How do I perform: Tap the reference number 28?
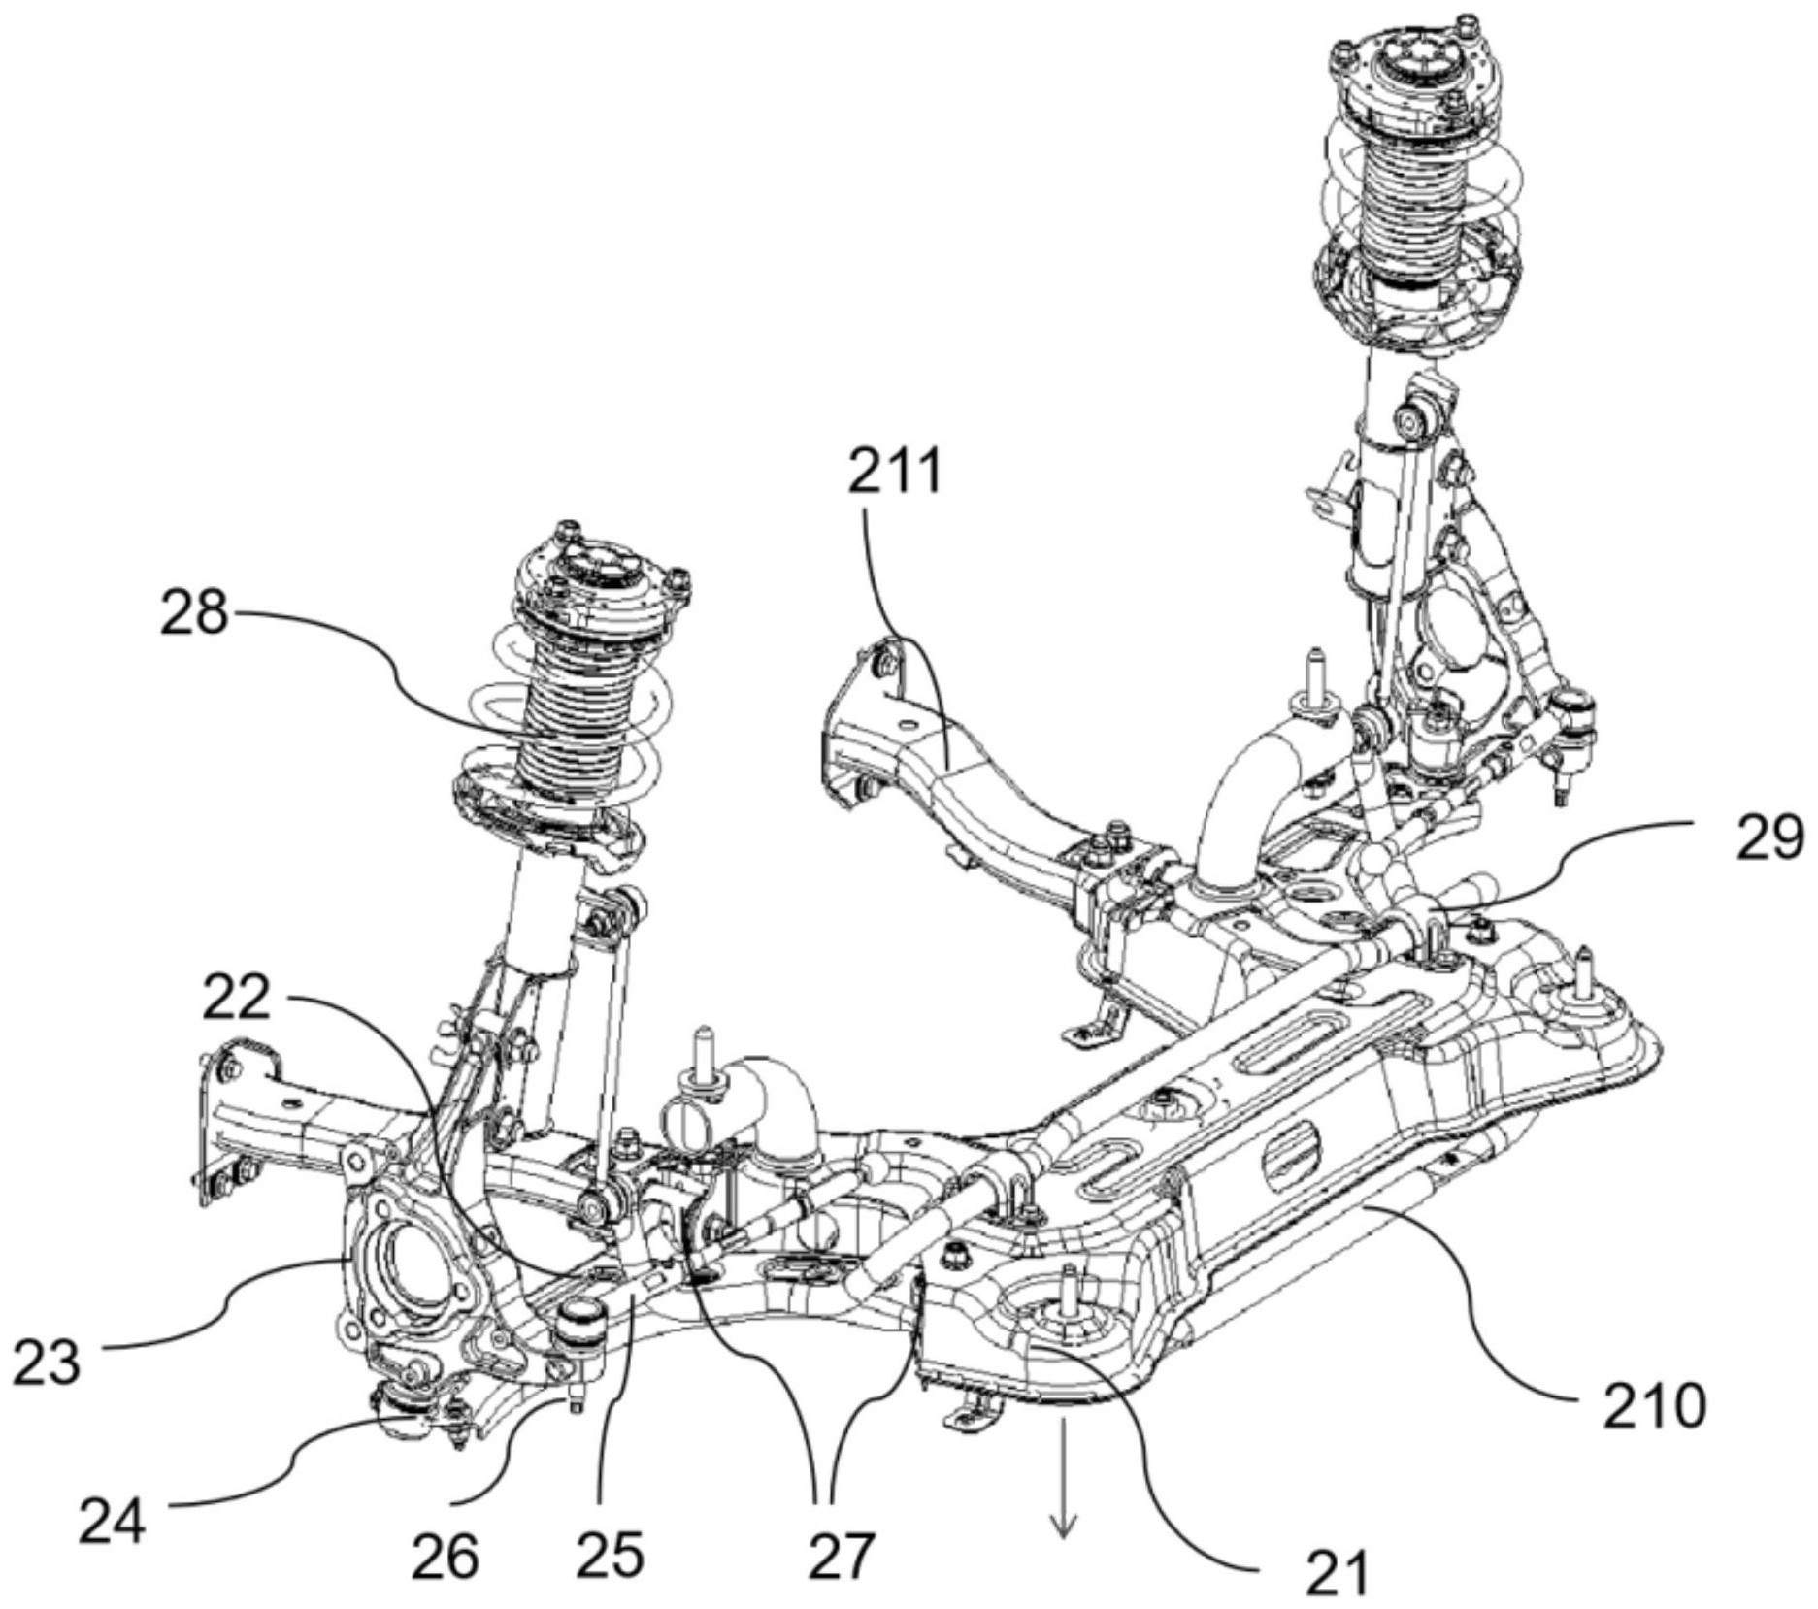coord(194,615)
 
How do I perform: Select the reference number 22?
coord(236,997)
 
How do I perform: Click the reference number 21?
coord(1337,1572)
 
